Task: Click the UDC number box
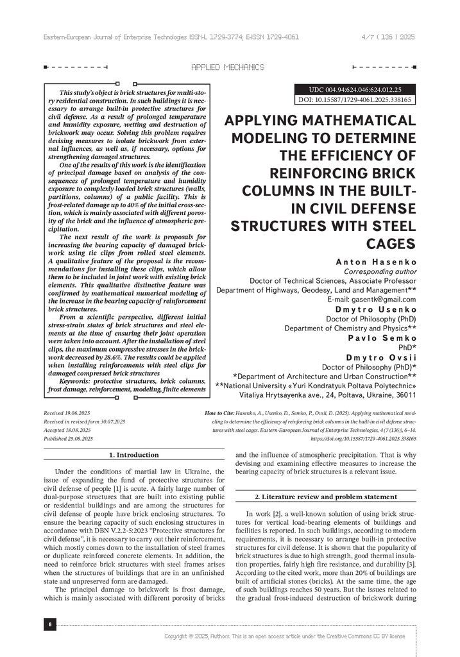point(355,89)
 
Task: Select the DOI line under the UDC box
point(355,100)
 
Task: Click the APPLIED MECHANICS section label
point(228,67)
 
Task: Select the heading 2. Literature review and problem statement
point(326,497)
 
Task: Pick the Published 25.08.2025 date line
point(68,438)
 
